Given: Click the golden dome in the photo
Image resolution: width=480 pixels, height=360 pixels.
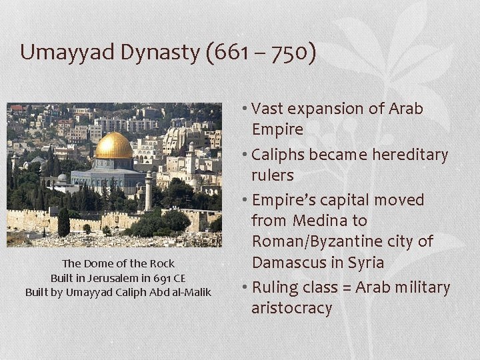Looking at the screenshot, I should (113, 145).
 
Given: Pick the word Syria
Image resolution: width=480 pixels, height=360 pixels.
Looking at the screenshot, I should (365, 262).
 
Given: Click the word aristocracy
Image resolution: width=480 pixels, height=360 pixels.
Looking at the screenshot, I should (291, 308).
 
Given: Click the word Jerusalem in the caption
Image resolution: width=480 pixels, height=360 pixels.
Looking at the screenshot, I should (99, 278).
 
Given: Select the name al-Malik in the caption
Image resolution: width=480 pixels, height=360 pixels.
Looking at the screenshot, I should (190, 292).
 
